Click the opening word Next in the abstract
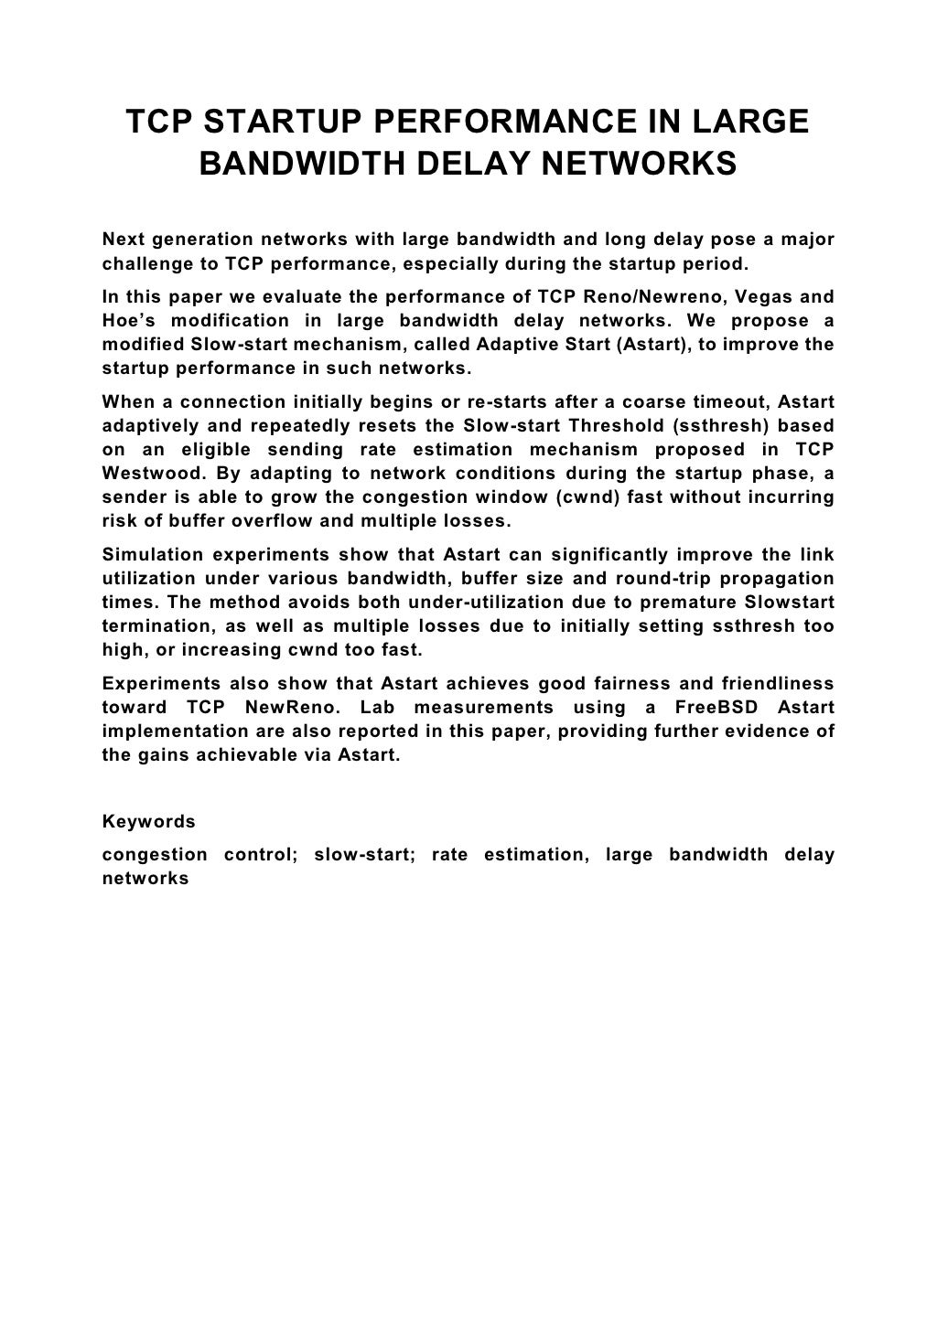(x=123, y=240)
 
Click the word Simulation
(x=150, y=555)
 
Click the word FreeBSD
(x=721, y=708)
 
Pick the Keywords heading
(x=148, y=821)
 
